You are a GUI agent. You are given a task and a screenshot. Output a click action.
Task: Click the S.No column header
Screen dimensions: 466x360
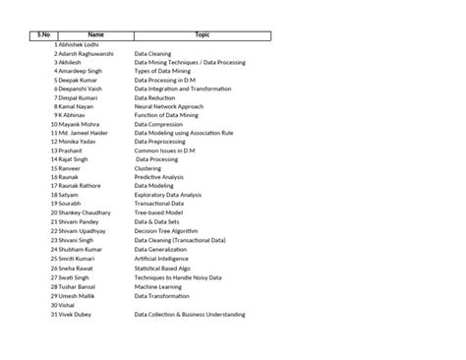tap(43, 34)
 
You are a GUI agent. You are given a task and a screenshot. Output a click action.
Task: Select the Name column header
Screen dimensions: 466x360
tap(95, 34)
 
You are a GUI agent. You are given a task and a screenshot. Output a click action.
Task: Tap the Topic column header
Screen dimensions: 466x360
tap(203, 34)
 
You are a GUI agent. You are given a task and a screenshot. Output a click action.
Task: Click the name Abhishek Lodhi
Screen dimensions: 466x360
tap(82, 44)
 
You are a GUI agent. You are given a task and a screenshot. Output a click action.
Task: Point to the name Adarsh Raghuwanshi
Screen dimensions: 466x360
tap(87, 53)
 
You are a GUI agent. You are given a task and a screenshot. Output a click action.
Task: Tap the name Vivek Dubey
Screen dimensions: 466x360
tap(77, 315)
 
